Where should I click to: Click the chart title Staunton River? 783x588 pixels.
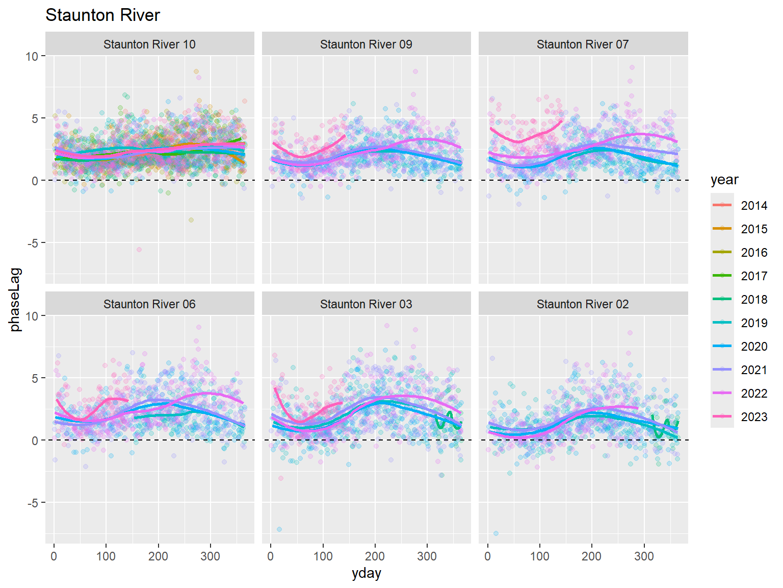click(x=102, y=15)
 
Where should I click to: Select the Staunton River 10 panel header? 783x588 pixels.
click(x=149, y=44)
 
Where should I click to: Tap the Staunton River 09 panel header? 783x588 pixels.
click(x=366, y=44)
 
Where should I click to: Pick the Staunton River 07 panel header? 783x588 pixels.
click(x=583, y=44)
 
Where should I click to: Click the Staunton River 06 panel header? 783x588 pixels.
click(x=149, y=304)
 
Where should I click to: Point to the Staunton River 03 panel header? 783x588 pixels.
click(x=366, y=304)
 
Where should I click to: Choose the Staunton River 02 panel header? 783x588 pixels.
click(x=583, y=304)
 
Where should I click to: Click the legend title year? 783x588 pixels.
click(x=724, y=180)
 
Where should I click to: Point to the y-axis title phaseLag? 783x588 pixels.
click(x=15, y=299)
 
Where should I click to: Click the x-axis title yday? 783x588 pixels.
click(x=366, y=574)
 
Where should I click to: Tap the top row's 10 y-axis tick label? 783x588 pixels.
click(x=32, y=56)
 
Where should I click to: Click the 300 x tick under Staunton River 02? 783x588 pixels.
click(x=644, y=556)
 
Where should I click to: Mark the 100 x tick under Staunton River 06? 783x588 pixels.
click(x=106, y=556)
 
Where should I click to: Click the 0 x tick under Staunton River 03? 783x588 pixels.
click(x=271, y=556)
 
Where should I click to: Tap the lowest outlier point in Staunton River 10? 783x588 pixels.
click(x=139, y=250)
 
